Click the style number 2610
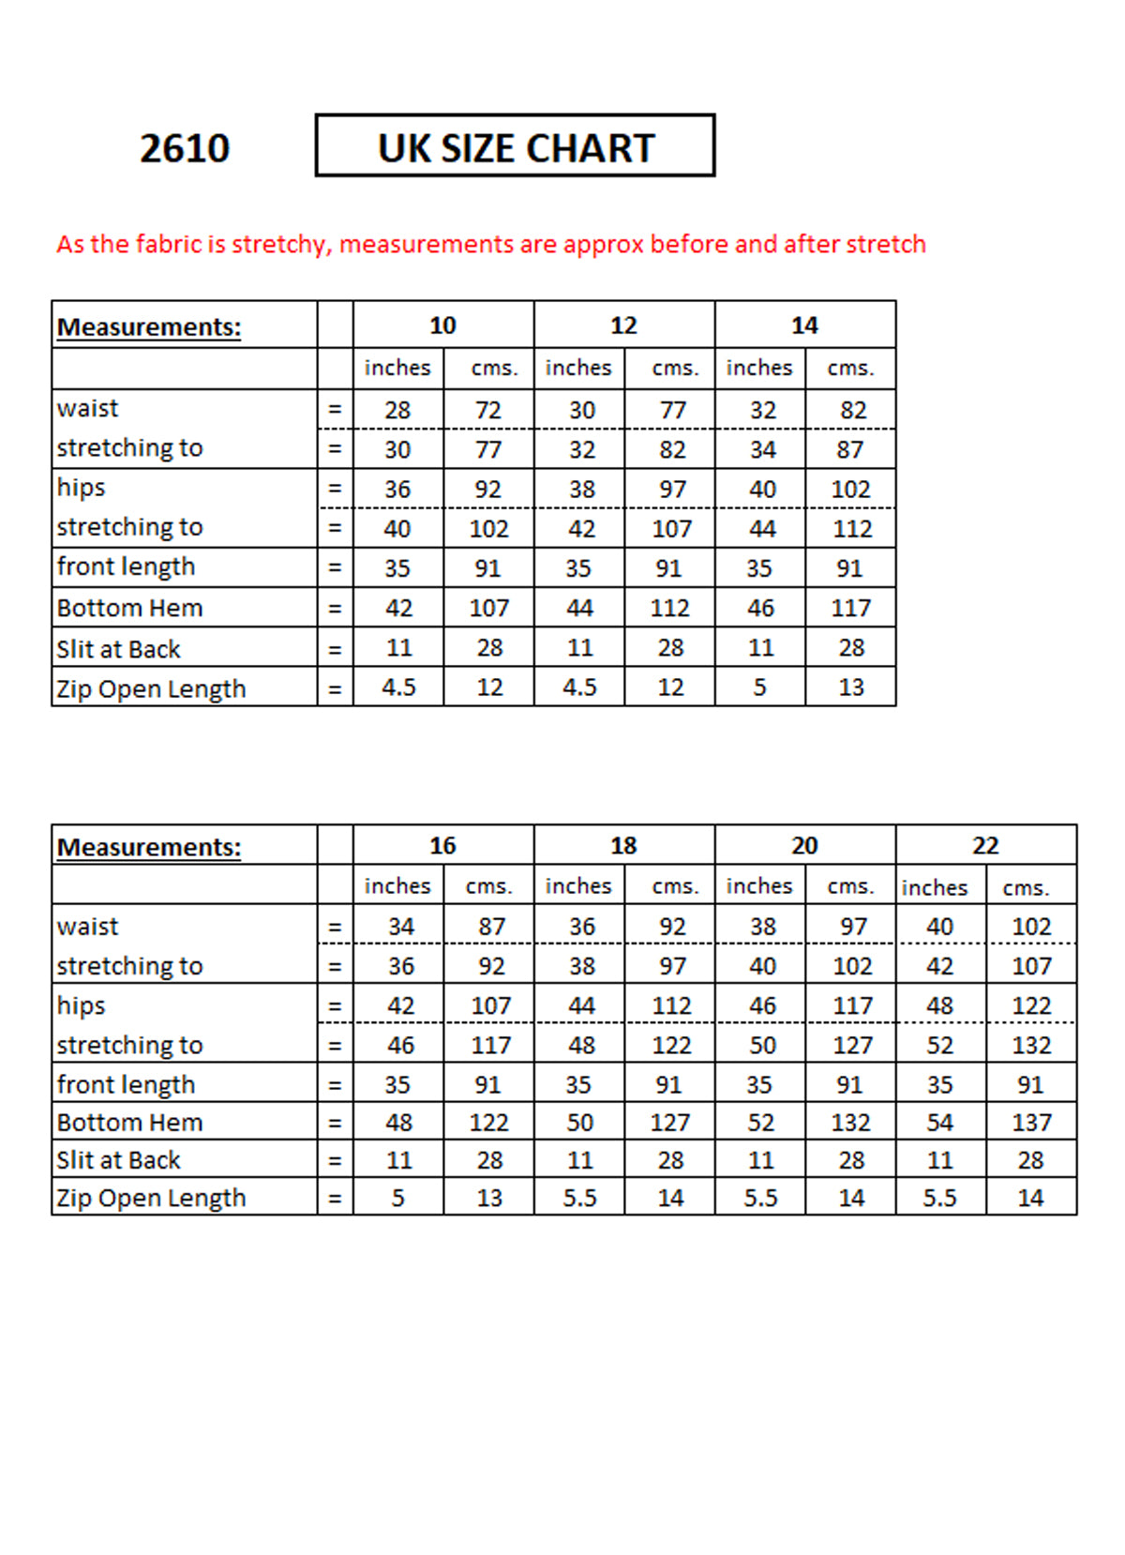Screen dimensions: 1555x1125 185,148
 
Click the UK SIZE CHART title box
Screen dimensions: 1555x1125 515,146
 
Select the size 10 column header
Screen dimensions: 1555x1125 442,325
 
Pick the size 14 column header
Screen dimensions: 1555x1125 804,325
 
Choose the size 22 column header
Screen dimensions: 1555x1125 985,845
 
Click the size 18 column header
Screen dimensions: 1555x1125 623,845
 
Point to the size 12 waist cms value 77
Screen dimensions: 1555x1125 672,410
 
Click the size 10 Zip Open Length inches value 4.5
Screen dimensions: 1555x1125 398,687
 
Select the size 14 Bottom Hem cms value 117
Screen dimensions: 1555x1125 850,608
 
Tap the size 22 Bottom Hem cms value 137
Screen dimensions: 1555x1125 1031,1122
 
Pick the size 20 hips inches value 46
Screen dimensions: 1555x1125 762,1005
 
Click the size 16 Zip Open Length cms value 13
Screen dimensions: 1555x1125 489,1198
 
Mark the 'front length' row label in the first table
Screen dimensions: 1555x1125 126,566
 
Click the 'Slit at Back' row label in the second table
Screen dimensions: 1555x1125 118,1160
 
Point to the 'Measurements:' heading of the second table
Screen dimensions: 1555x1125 149,847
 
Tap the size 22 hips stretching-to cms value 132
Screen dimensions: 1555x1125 1031,1045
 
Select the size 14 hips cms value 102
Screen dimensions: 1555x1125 850,489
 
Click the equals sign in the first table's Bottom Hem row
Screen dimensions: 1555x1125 335,608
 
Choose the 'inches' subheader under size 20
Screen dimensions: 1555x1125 758,885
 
